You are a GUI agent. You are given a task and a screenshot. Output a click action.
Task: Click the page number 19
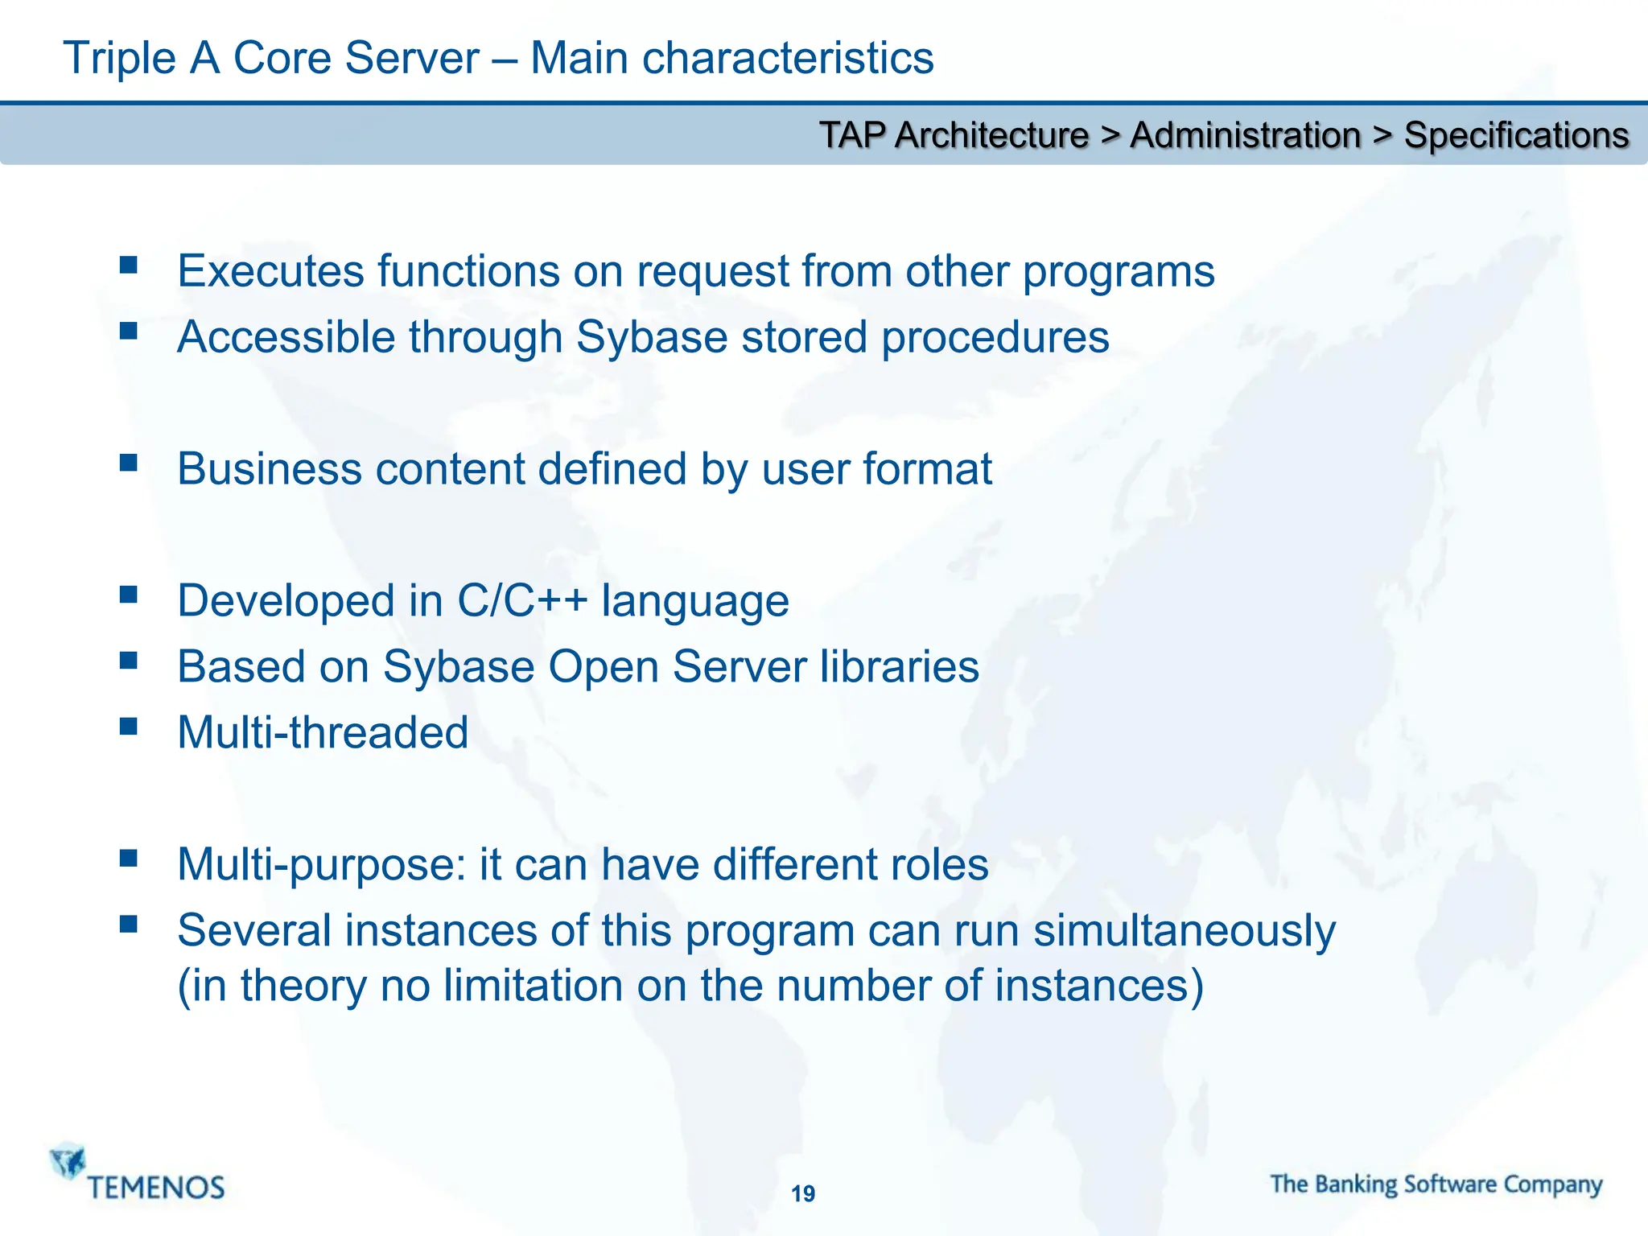(x=803, y=1193)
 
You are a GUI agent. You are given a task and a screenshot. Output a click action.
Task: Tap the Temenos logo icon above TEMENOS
(x=68, y=1161)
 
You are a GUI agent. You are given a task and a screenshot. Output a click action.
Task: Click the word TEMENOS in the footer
(x=156, y=1188)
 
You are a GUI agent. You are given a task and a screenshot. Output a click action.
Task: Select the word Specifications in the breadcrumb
(x=1516, y=135)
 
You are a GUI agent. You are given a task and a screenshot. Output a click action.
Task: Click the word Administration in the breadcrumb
(x=1245, y=135)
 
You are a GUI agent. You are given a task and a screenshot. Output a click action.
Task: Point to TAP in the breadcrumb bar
(x=852, y=135)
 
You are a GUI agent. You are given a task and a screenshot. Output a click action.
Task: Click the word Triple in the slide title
(x=119, y=58)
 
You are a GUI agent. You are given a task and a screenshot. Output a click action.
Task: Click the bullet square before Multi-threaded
(x=128, y=726)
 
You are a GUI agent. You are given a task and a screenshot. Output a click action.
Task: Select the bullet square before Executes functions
(x=128, y=265)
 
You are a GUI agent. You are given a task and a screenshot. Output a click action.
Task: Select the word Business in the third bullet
(x=270, y=469)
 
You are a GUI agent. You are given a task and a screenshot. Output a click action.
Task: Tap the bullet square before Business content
(x=128, y=463)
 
